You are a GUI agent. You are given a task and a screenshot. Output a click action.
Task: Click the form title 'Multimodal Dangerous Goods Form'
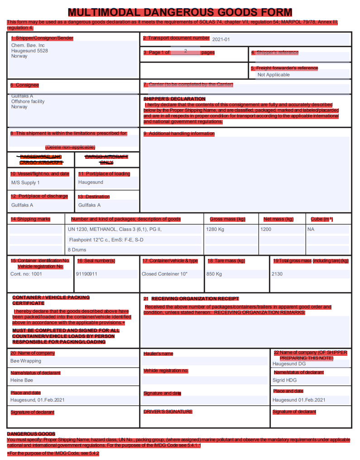[x=180, y=12]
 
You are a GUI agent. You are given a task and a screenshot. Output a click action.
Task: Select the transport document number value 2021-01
[x=221, y=39]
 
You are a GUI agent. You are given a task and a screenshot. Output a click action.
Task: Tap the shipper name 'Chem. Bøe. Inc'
[x=28, y=45]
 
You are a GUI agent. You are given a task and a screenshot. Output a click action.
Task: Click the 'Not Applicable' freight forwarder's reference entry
[x=274, y=75]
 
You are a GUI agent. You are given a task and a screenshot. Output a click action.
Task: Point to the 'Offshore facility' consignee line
[x=28, y=101]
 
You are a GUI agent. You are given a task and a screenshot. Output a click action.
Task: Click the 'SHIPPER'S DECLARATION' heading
[x=174, y=99]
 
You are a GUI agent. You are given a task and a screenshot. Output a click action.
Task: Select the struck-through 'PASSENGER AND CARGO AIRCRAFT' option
[x=41, y=159]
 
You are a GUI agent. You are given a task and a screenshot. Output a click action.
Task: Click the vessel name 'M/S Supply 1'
[x=25, y=182]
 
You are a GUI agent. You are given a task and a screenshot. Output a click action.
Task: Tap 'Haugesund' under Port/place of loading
[x=91, y=182]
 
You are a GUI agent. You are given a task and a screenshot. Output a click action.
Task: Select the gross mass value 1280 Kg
[x=215, y=229]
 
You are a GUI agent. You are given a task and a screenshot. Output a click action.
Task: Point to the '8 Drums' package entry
[x=77, y=249]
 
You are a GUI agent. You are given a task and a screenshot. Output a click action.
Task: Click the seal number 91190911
[x=86, y=274]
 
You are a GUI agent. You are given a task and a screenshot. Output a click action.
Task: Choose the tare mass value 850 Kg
[x=214, y=274]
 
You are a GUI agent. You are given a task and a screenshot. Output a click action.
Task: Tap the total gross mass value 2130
[x=277, y=274]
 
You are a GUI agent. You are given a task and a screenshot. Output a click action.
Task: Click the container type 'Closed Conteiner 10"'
[x=164, y=274]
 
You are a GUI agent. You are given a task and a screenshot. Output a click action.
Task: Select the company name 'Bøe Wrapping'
[x=26, y=361]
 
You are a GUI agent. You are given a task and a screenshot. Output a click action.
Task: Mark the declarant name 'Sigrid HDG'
[x=285, y=380]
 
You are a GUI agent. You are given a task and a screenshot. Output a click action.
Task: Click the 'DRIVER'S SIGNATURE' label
[x=168, y=412]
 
